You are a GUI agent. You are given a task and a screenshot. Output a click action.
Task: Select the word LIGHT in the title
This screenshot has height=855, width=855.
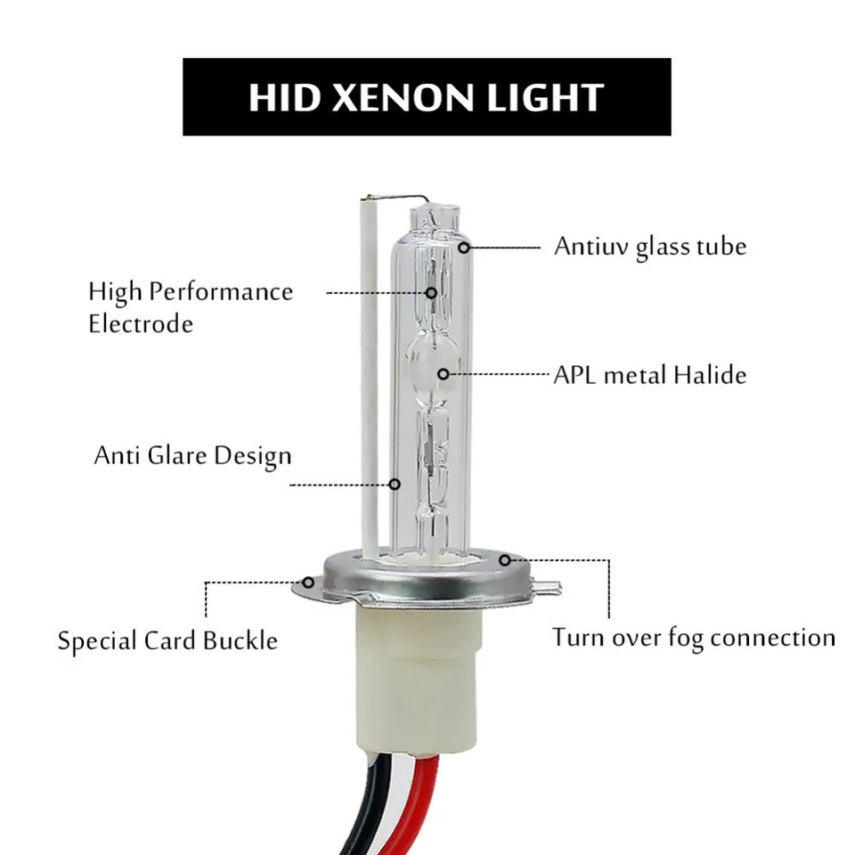pos(546,97)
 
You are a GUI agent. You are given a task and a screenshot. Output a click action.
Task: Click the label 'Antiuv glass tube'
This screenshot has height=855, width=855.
pos(649,246)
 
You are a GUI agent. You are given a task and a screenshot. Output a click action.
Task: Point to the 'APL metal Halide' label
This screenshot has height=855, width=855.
pos(649,374)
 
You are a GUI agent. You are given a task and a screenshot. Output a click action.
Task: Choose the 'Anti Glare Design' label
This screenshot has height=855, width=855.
pos(192,456)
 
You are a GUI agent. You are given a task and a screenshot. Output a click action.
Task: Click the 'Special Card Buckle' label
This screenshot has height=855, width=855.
pos(167,640)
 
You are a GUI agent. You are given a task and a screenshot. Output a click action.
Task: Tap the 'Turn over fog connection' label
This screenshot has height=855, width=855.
pos(693,638)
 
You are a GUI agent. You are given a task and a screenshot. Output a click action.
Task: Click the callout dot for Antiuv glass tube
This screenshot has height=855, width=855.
pos(463,247)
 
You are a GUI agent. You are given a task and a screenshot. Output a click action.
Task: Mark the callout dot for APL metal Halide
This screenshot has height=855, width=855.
pos(443,374)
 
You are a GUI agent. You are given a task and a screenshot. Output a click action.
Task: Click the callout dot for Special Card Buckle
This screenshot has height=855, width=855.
pos(308,582)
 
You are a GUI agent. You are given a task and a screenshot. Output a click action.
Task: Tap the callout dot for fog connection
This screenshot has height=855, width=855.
pos(505,560)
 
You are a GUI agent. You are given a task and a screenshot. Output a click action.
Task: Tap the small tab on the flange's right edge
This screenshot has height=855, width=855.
pos(551,588)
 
